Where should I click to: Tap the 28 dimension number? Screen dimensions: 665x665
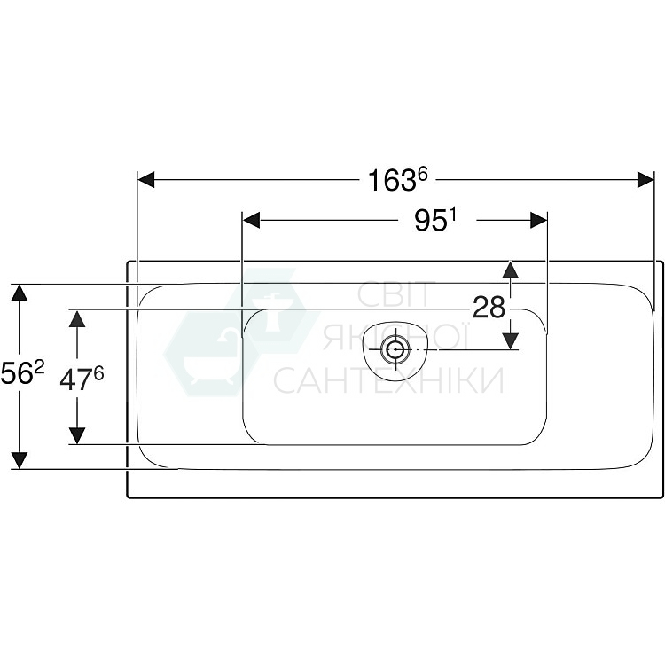(489, 308)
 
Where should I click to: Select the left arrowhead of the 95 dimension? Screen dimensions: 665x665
(252, 221)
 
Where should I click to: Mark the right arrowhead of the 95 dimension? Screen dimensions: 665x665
(538, 221)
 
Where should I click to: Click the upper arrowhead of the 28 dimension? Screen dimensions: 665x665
(510, 270)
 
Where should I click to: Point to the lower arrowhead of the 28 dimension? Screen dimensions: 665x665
(510, 340)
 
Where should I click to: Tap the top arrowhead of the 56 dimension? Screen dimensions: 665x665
(19, 293)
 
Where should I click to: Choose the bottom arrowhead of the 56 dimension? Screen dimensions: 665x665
(19, 459)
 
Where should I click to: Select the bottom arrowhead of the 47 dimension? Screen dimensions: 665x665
(77, 434)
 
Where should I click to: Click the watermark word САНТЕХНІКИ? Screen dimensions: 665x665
(387, 380)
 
